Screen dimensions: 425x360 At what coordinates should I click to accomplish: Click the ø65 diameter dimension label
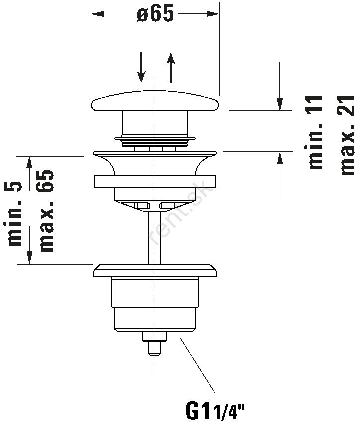(x=154, y=14)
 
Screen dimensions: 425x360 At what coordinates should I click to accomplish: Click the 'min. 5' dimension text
(x=16, y=214)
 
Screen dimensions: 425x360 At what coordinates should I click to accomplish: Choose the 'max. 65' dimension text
(x=46, y=210)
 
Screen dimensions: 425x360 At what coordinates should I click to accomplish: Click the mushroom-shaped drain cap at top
(x=154, y=103)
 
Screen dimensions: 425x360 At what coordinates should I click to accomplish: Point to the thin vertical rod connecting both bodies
(x=155, y=234)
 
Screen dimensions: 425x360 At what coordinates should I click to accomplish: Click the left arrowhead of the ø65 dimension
(x=96, y=14)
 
